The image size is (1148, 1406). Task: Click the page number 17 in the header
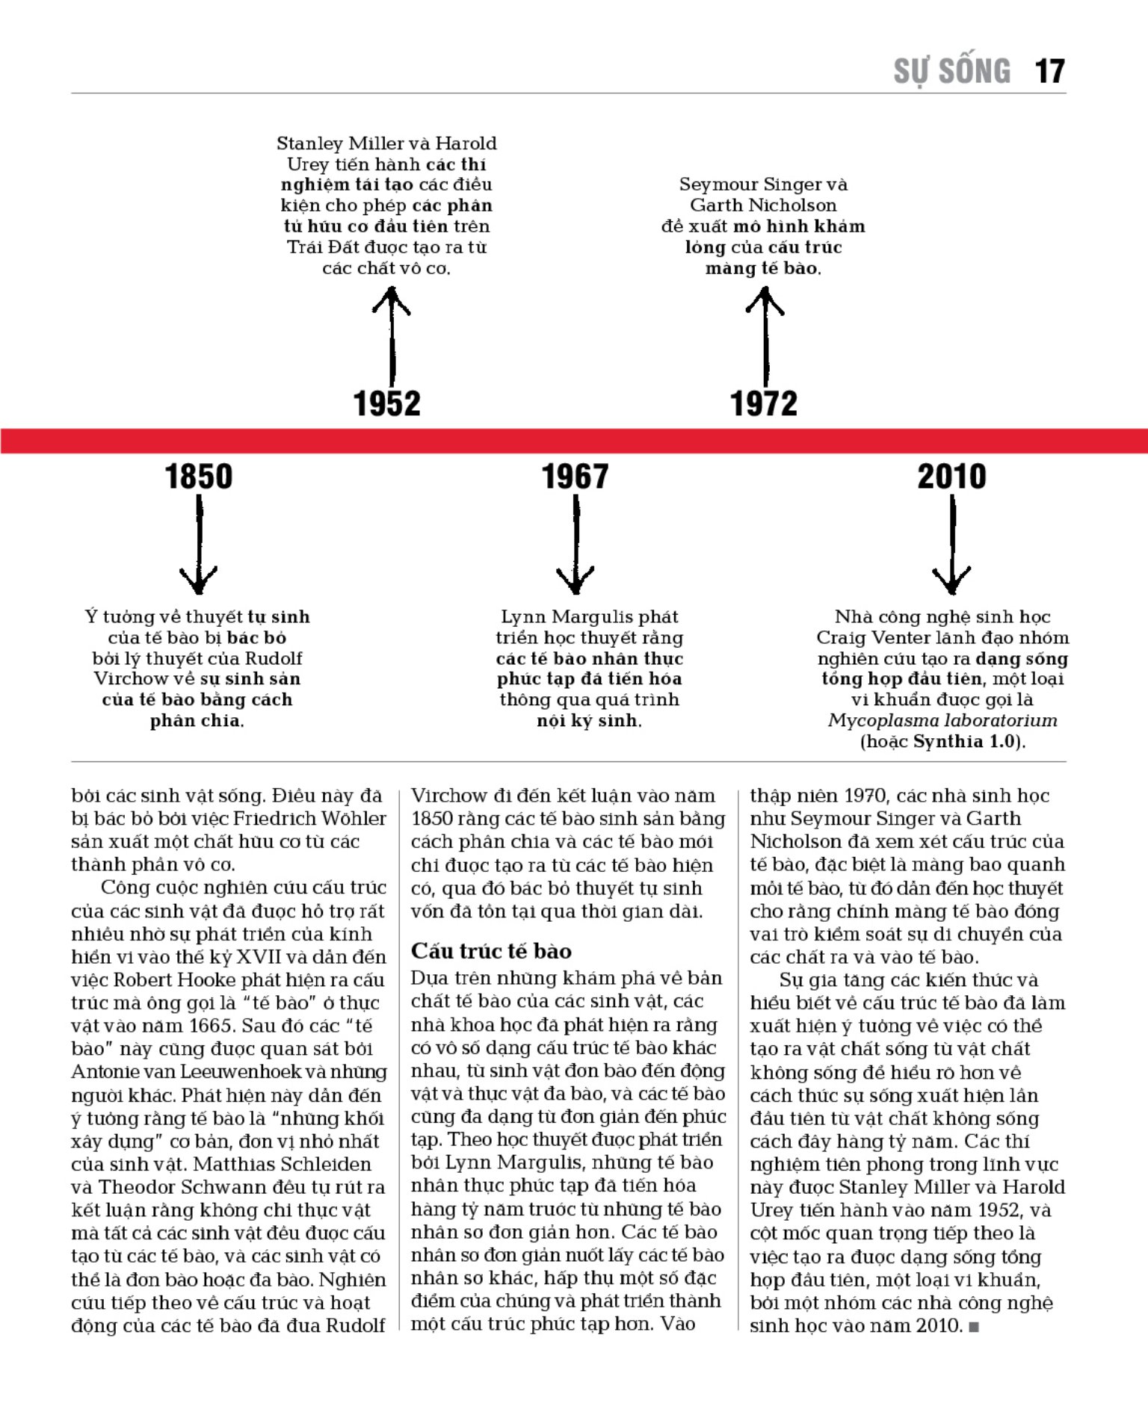pos(1049,72)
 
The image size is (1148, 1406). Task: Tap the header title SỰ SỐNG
pos(951,72)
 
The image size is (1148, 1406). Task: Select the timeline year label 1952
pos(386,403)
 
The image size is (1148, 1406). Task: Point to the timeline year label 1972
pos(763,403)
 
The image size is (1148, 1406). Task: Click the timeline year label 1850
pos(198,477)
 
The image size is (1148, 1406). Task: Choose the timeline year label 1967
pos(575,477)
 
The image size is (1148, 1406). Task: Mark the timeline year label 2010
pos(951,477)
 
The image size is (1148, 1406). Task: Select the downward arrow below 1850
pos(199,545)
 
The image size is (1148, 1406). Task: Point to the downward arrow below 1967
pos(575,545)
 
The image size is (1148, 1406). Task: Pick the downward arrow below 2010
pos(952,545)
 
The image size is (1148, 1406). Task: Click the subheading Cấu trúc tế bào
pos(491,951)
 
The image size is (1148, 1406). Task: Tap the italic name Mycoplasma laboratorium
pos(942,721)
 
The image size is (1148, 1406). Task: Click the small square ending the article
pos(973,1328)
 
